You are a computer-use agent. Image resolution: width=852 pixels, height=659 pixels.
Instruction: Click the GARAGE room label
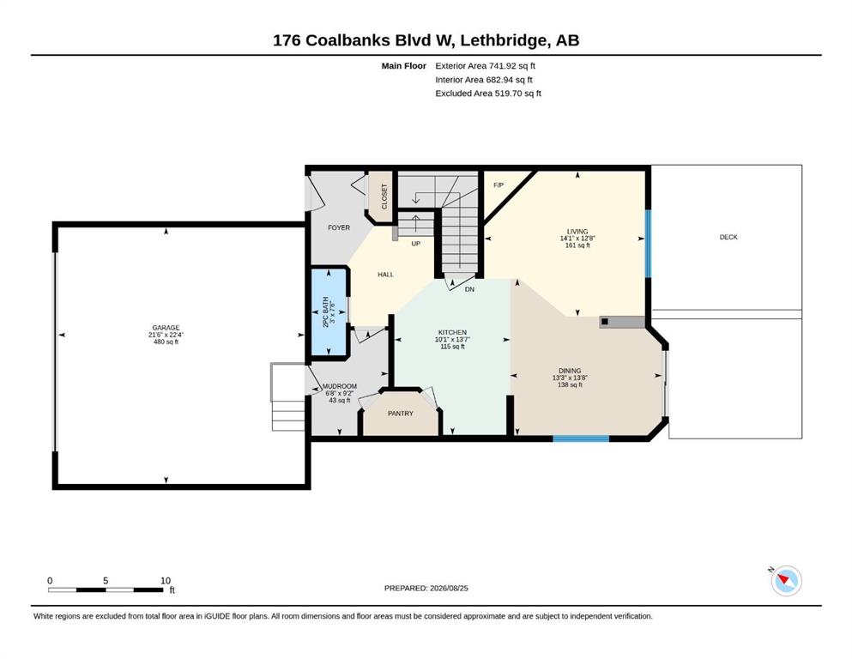click(166, 328)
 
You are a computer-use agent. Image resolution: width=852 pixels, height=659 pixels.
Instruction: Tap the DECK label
click(728, 237)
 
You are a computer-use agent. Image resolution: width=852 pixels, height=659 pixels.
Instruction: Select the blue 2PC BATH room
click(329, 312)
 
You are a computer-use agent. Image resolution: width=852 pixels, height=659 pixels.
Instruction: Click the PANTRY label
click(401, 414)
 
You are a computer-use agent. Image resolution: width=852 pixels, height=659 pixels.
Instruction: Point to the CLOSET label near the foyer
click(384, 196)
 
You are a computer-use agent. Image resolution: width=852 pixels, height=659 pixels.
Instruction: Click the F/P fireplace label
click(499, 185)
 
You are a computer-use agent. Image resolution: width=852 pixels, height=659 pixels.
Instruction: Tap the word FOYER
click(339, 227)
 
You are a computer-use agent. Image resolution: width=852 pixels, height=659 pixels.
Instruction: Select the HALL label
click(386, 275)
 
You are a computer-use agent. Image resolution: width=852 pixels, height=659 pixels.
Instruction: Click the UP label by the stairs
click(415, 244)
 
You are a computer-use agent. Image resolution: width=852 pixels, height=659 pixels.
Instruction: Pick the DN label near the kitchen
click(469, 289)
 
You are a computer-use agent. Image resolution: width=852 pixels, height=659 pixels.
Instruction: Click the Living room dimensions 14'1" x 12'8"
click(577, 239)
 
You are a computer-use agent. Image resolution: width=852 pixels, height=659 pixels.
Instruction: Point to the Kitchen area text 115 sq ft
click(453, 347)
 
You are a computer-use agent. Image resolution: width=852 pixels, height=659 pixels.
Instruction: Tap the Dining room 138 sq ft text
click(570, 384)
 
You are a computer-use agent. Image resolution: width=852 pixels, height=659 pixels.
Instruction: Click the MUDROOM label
click(340, 386)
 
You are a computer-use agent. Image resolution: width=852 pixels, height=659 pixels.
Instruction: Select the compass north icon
click(786, 580)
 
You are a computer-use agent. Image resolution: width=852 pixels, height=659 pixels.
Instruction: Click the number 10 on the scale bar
click(166, 580)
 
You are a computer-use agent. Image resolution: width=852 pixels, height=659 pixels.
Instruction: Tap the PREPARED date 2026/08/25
click(449, 588)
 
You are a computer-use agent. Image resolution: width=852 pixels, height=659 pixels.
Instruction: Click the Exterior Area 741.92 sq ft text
click(486, 66)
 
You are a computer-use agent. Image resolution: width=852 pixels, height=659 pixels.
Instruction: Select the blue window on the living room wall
click(648, 244)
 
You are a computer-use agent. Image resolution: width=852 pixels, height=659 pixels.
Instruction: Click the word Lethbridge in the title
click(504, 40)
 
